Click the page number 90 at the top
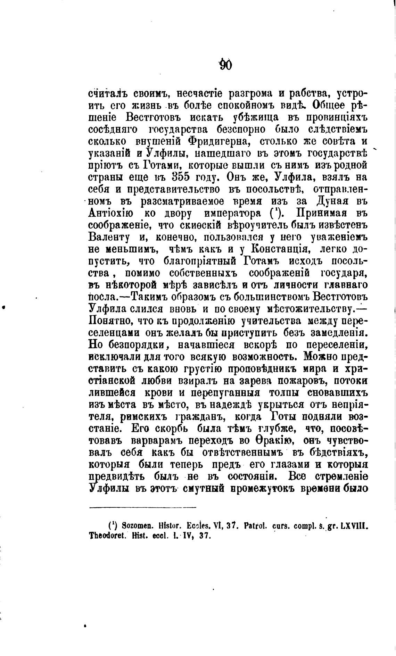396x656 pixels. pyautogui.click(x=226, y=65)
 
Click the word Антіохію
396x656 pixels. pyautogui.click(x=110, y=213)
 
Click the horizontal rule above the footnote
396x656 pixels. pyautogui.click(x=142, y=508)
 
